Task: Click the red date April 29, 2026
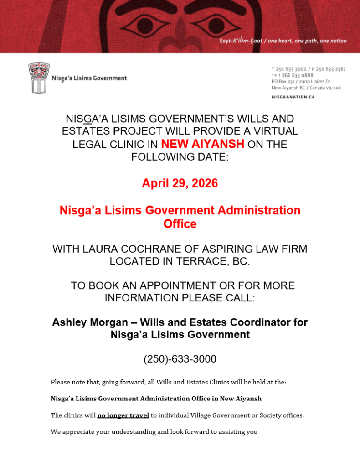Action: [x=180, y=183]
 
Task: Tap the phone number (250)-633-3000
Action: [x=180, y=359]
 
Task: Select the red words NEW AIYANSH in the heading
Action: [x=203, y=145]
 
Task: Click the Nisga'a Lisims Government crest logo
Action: [x=39, y=78]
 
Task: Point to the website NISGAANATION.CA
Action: [x=293, y=97]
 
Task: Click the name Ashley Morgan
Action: [x=90, y=322]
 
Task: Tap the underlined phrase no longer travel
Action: [x=123, y=415]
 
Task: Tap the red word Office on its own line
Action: [x=180, y=224]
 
